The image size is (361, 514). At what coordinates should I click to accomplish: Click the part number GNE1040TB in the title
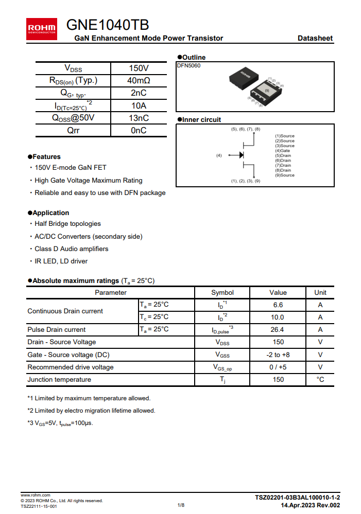coord(108,25)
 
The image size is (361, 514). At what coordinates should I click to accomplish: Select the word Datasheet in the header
coord(315,38)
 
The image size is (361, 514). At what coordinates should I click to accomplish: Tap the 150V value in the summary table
coord(139,68)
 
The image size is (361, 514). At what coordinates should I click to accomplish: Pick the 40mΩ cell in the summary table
coord(139,81)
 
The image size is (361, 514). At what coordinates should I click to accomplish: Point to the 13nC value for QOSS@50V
coord(139,118)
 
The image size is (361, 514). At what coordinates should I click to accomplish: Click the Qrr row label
coord(73,130)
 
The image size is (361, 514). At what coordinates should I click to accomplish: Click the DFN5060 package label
coord(189,66)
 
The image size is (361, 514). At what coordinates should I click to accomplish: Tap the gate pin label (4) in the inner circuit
coord(219,155)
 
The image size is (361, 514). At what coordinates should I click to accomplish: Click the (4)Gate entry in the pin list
coord(283,151)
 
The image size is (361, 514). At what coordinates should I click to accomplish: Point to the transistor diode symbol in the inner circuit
coord(241,155)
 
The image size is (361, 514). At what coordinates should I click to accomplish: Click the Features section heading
coord(46,156)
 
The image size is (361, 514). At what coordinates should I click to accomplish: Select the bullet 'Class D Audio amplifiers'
coord(71,249)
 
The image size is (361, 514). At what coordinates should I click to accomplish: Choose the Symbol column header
coord(222,292)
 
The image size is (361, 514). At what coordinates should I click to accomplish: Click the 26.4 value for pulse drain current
coord(278,329)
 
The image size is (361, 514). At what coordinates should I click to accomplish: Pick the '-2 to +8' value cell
coord(278,355)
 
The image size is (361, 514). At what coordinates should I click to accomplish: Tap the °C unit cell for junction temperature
coord(320,379)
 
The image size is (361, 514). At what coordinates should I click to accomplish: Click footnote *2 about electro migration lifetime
coord(91,411)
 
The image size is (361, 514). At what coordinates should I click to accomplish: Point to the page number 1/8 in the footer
coord(181,505)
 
